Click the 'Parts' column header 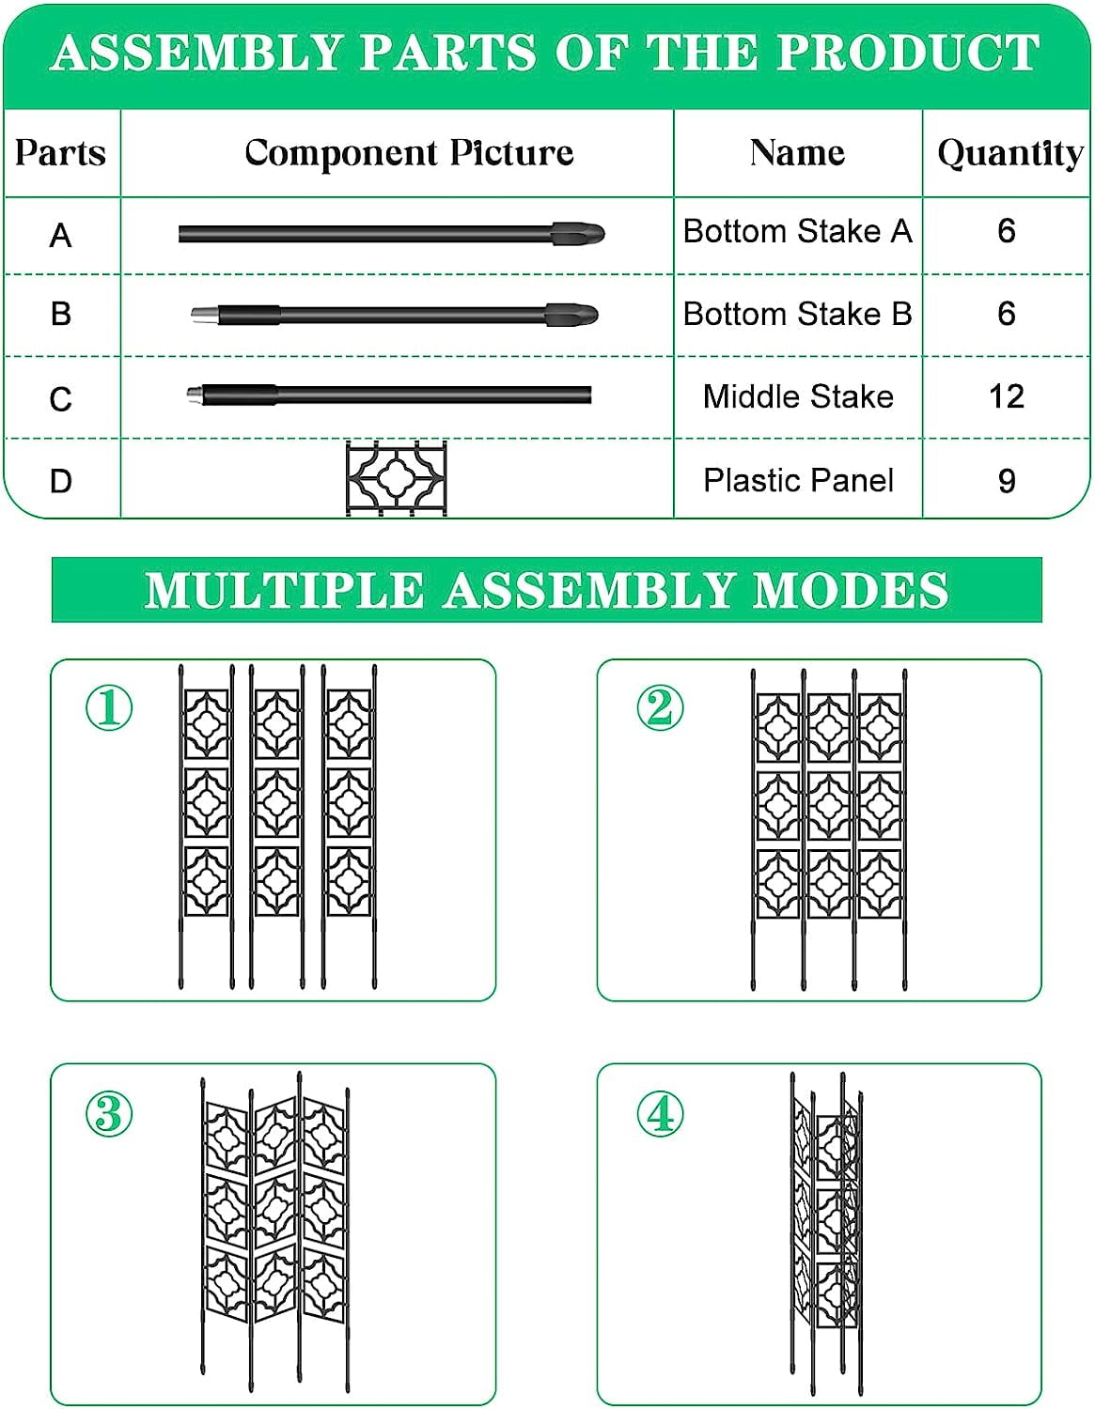point(60,153)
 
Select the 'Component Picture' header point(409,154)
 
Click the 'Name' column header point(797,153)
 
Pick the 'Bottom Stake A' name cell point(797,231)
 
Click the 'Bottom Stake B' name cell point(797,314)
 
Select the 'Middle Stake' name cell point(798,396)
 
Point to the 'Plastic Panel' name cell point(799,481)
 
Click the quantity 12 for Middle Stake point(1006,396)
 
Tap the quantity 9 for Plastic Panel point(1006,481)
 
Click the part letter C point(60,399)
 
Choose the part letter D point(60,481)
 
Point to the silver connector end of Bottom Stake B point(204,315)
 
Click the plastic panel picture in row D point(397,478)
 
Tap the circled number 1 point(109,707)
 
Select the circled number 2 point(660,707)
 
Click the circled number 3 point(109,1113)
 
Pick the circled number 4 point(660,1113)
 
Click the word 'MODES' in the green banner point(851,590)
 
